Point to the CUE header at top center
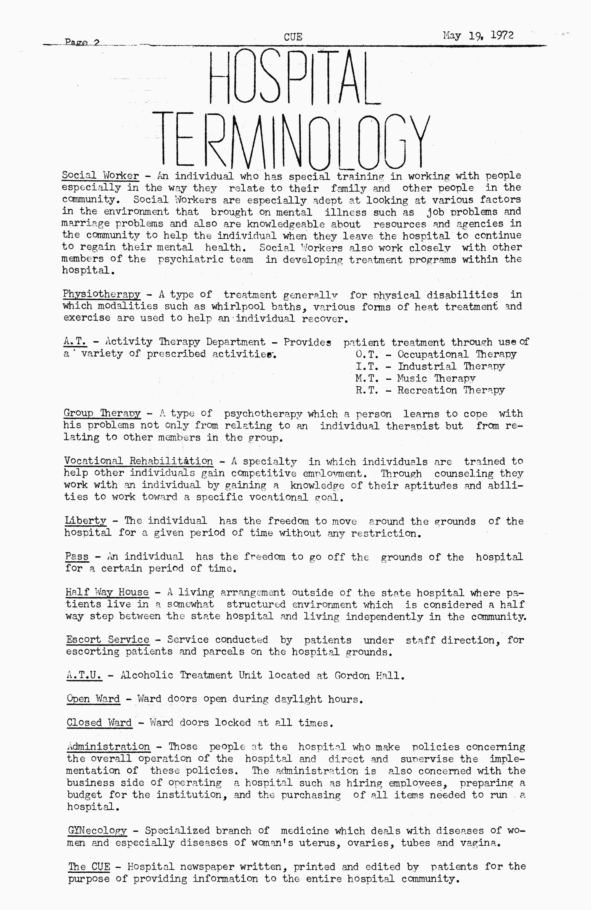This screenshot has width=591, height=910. coord(293,37)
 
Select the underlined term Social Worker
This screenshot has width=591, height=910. coord(100,176)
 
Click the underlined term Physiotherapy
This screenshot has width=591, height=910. coord(102,295)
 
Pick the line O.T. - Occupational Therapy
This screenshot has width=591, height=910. coord(436,354)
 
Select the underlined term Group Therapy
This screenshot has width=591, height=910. coord(102,414)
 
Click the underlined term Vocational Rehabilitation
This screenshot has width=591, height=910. coord(138,461)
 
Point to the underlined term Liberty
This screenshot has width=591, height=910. coord(85,521)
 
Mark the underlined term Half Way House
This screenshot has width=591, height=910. coord(107,593)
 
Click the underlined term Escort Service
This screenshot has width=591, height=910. coord(108,640)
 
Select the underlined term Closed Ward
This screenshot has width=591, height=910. coord(99,723)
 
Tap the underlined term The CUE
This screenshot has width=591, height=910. coord(89,866)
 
